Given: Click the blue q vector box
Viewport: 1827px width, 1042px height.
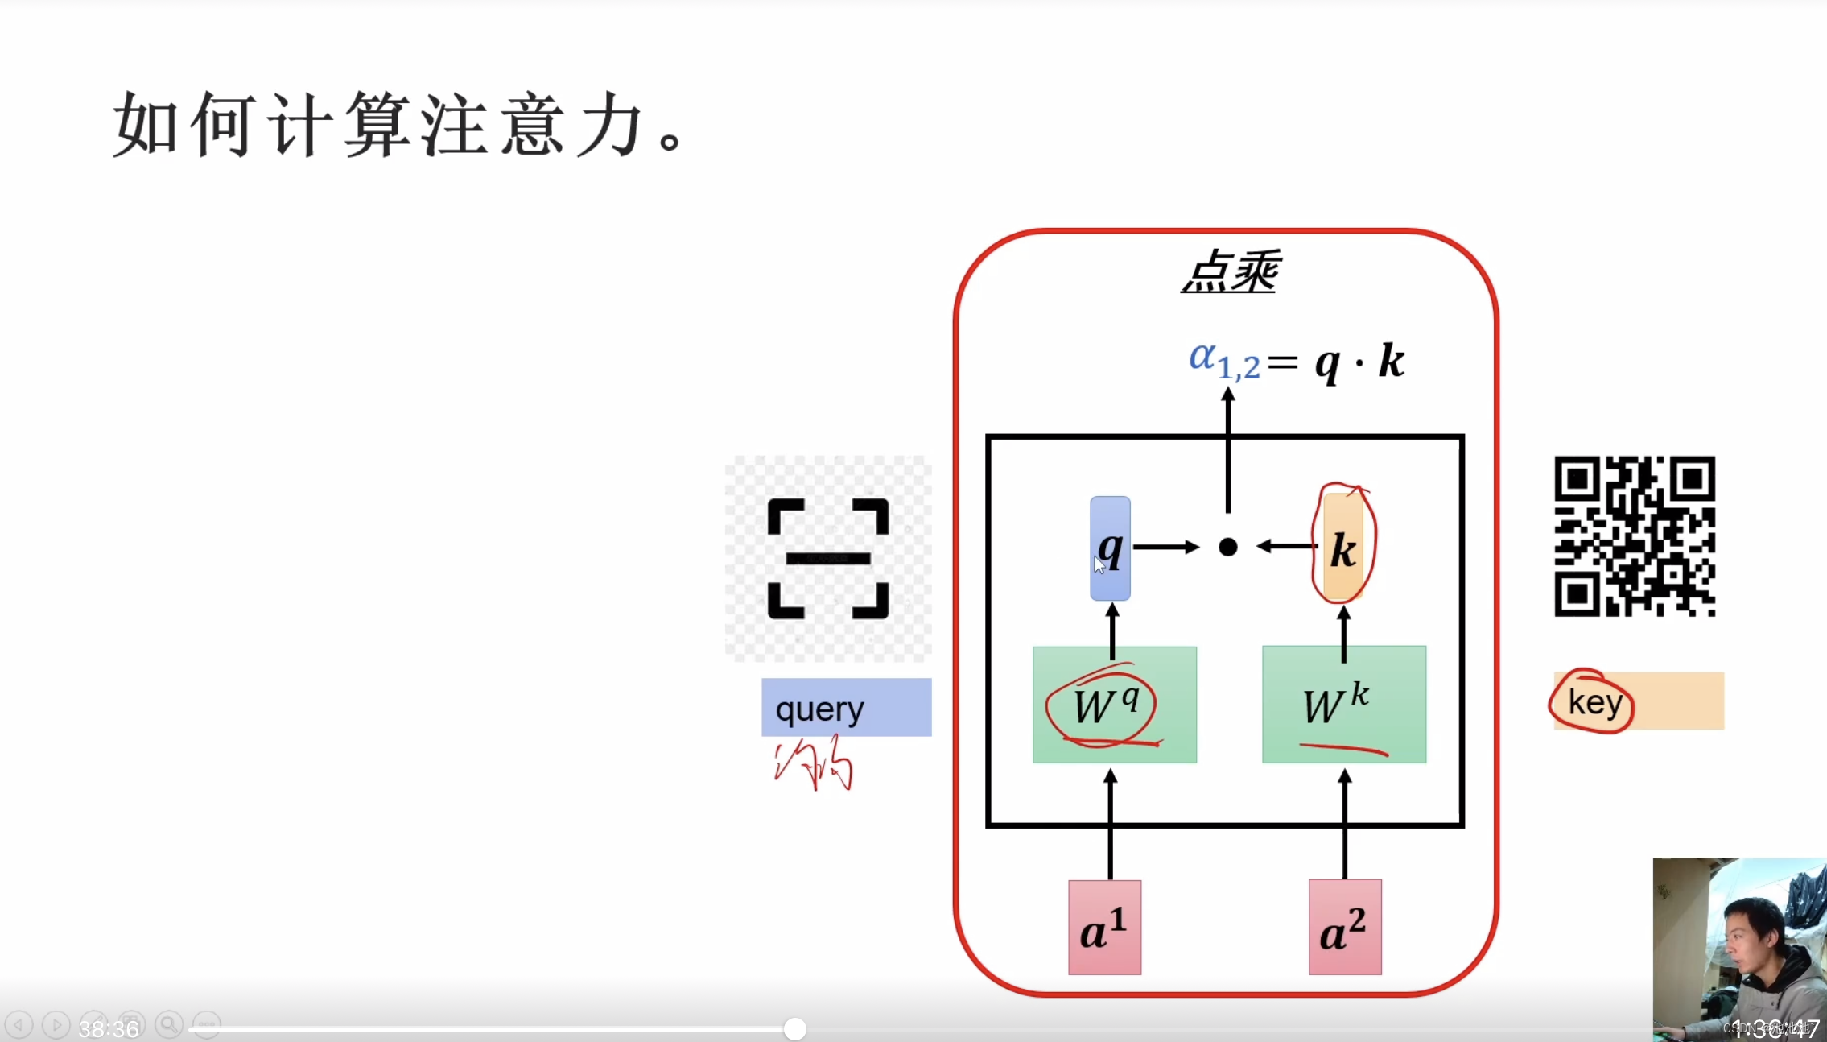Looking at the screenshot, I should click(1110, 548).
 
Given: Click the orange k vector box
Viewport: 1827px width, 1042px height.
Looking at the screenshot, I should click(1342, 548).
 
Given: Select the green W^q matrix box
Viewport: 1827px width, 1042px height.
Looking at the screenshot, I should click(1114, 705).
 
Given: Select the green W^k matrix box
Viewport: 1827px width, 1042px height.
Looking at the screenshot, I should click(1343, 705).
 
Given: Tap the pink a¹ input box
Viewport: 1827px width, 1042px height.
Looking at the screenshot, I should click(1104, 927).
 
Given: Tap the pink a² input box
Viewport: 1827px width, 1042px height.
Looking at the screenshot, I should click(1344, 927).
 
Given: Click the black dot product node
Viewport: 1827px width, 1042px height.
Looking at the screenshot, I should click(1227, 548).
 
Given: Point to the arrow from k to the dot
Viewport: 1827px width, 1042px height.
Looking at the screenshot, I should click(1287, 547).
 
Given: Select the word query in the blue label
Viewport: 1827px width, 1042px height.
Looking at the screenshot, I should click(819, 709).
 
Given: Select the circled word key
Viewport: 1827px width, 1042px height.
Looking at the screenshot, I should click(1594, 701).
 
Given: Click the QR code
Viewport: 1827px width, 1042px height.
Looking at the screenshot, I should click(1634, 536).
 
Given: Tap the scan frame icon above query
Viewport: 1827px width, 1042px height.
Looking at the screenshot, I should click(828, 558).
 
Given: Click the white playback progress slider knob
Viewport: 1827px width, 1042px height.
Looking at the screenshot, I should click(794, 1028).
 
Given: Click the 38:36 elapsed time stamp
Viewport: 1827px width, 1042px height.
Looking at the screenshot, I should click(109, 1028).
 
